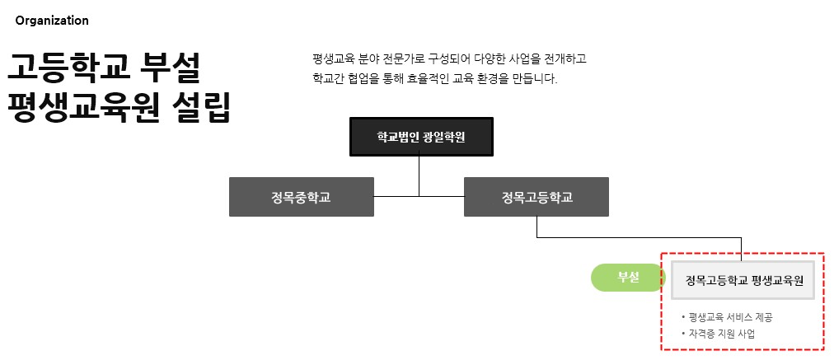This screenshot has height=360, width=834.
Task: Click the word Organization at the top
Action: (52, 21)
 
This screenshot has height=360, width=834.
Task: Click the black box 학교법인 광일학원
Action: (421, 137)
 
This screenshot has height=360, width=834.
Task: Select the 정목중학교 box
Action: (301, 197)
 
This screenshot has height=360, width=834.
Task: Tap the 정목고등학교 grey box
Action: (536, 197)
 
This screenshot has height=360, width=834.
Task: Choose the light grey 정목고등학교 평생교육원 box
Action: (743, 281)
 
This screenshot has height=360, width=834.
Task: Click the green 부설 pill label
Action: (628, 278)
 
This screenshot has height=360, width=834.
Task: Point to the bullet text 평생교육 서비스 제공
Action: (730, 317)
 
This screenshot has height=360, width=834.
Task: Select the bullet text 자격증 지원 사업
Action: (721, 334)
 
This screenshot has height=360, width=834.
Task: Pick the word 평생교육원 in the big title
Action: (82, 108)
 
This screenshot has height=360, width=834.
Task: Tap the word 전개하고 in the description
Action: (564, 59)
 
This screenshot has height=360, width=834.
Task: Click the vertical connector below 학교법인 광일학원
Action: (419, 175)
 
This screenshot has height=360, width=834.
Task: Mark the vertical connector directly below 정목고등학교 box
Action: (537, 227)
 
